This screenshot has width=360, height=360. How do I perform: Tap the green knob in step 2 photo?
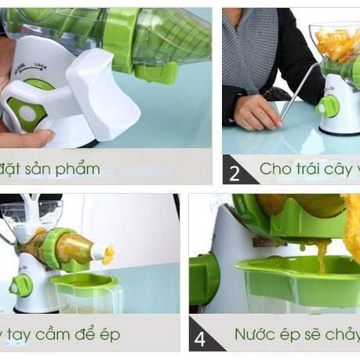tap(328, 106)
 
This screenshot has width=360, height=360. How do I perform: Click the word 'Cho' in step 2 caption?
tap(276, 169)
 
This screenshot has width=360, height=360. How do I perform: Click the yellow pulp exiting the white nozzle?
tap(107, 253)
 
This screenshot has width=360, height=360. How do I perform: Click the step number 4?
tap(201, 339)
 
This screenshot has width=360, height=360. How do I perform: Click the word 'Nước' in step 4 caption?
tap(258, 335)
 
